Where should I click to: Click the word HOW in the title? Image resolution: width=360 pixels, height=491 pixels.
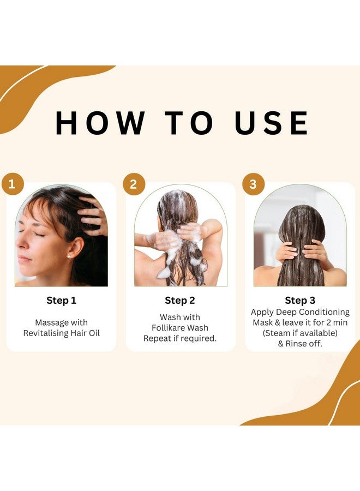coord(101,123)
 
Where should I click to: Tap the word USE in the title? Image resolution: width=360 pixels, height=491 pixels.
coord(272,123)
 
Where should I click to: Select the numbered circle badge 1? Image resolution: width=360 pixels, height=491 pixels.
coord(13,184)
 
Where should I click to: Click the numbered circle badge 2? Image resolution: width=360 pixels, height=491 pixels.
coord(133,184)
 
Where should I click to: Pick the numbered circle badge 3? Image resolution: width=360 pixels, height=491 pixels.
coord(253,184)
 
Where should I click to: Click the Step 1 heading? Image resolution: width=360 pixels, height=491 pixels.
coord(61,301)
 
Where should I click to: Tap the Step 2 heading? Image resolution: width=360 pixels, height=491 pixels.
coord(180,301)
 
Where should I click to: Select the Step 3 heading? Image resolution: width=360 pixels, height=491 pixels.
coord(300,301)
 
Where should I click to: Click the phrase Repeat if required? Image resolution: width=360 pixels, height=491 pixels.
coord(180,338)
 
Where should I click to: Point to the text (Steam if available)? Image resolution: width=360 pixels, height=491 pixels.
coord(300,333)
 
